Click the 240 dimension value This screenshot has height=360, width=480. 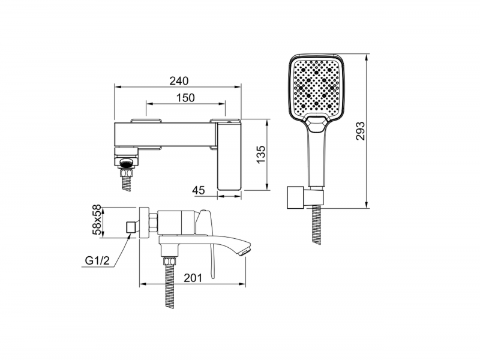[179, 81]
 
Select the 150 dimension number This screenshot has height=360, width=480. [185, 98]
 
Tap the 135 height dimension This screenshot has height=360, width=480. [260, 154]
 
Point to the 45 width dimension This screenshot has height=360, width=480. [199, 190]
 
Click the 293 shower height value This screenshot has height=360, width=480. [361, 131]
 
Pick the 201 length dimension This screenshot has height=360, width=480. [193, 278]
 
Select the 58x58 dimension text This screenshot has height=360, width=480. [97, 220]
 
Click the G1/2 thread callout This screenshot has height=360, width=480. [97, 261]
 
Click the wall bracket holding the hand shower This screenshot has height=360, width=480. [305, 197]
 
